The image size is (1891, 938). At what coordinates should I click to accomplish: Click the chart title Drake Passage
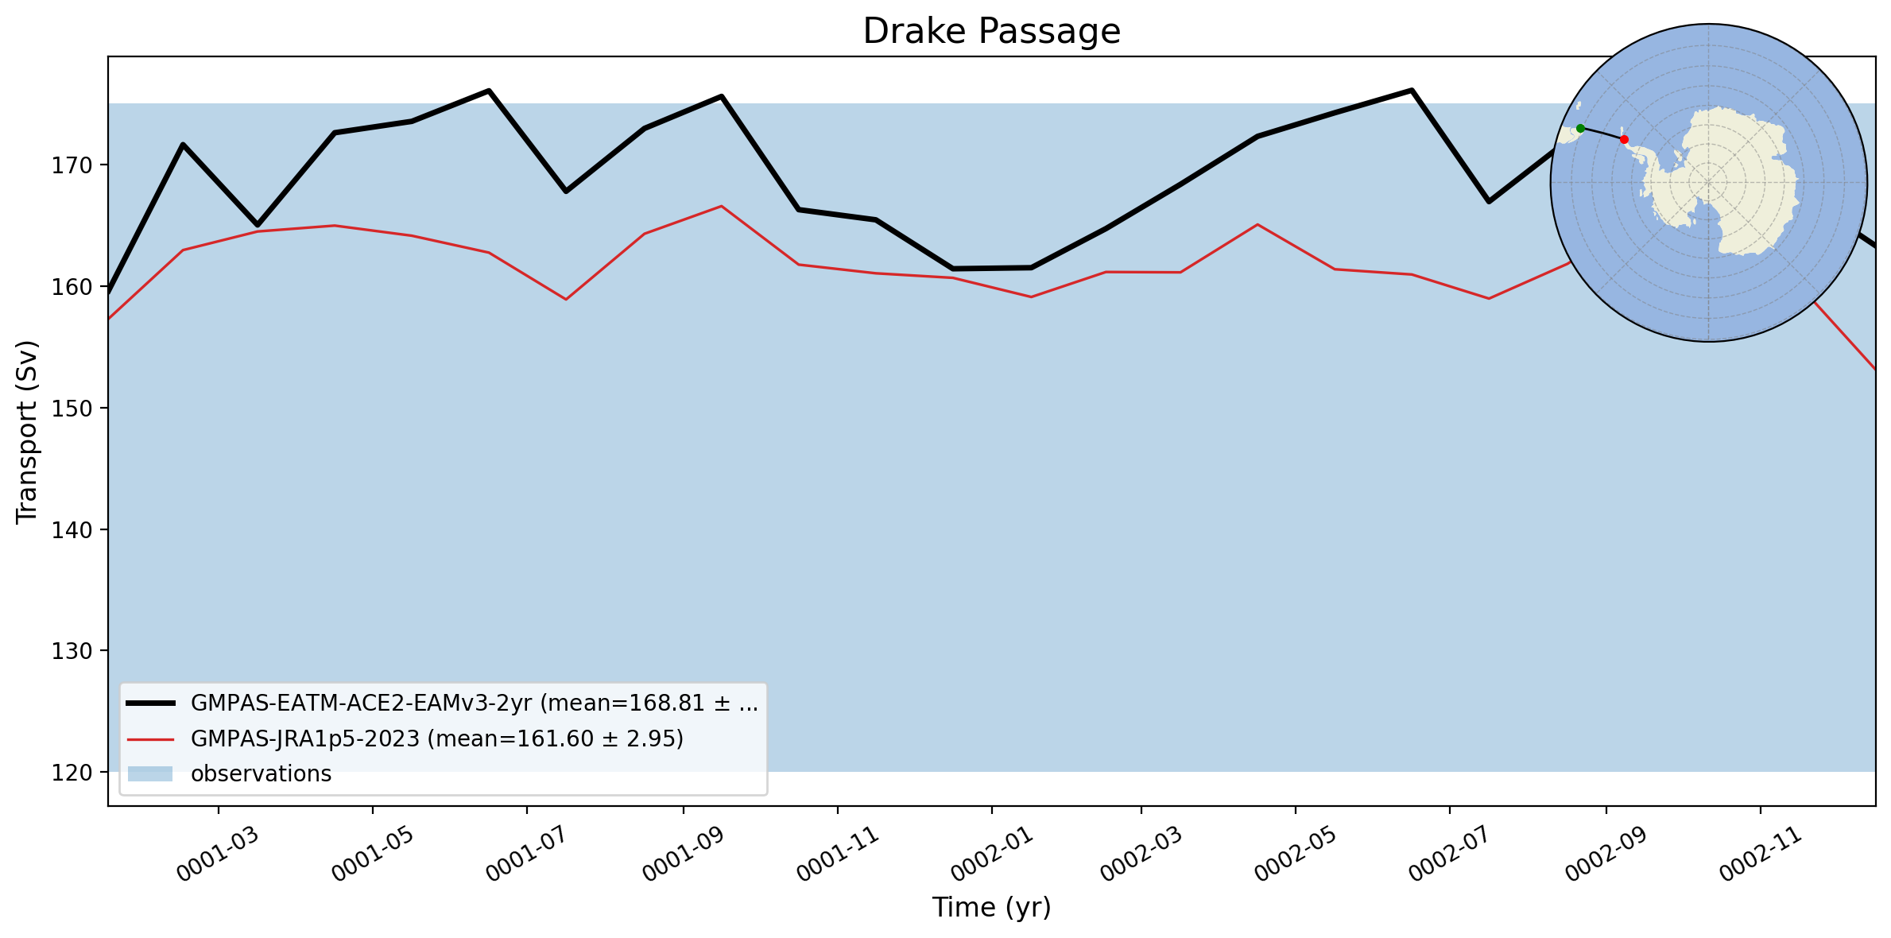point(991,31)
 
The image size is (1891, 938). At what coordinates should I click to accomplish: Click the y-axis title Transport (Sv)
point(27,432)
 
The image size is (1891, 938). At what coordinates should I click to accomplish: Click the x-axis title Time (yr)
point(991,907)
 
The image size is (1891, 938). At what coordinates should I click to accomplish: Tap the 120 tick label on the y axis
point(72,772)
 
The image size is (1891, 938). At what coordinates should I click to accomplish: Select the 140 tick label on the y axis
point(72,529)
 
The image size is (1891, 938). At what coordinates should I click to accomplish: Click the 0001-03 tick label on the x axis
point(217,854)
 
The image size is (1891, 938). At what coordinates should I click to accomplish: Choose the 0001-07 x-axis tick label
point(526,854)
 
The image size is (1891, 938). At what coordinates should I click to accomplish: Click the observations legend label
point(261,774)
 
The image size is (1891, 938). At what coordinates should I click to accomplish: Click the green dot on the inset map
point(1580,128)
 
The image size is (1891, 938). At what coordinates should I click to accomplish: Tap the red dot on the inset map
point(1624,140)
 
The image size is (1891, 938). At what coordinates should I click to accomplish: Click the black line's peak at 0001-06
point(489,91)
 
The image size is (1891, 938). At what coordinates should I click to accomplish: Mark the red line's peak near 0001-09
point(721,207)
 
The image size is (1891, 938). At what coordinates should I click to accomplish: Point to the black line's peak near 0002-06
point(1411,90)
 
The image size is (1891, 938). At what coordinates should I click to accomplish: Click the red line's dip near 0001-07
point(566,300)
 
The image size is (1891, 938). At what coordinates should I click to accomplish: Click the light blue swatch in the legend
point(150,774)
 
